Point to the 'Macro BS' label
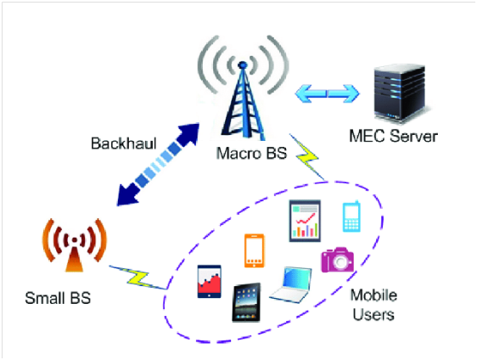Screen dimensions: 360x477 243,154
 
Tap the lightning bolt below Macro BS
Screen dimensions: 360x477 307,158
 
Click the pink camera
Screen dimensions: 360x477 337,259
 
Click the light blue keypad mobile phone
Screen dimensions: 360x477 352,217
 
